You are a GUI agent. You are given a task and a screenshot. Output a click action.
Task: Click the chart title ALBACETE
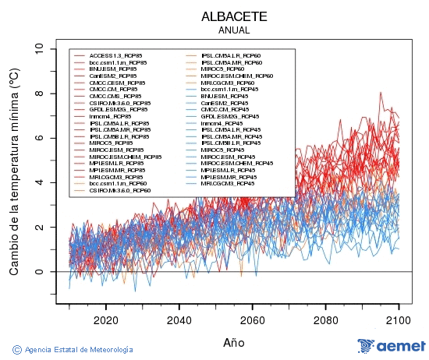click(x=234, y=16)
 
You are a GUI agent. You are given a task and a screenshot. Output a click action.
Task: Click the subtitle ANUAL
click(x=234, y=30)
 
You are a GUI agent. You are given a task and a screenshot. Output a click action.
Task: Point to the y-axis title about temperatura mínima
click(x=14, y=171)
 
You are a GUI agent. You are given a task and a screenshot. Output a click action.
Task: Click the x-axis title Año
click(x=234, y=342)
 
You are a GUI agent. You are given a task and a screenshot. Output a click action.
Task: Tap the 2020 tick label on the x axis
click(x=105, y=319)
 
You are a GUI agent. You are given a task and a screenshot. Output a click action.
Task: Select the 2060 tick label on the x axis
click(x=252, y=319)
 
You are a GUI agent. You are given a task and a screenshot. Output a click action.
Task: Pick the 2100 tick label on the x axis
click(x=399, y=319)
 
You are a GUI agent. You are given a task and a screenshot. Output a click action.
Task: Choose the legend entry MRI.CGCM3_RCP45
click(x=227, y=184)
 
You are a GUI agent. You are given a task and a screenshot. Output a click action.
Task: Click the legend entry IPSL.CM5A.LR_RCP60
click(x=230, y=55)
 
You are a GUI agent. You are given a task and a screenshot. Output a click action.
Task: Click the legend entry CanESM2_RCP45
click(x=224, y=103)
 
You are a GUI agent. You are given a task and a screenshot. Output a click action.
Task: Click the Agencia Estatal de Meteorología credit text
click(x=73, y=350)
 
